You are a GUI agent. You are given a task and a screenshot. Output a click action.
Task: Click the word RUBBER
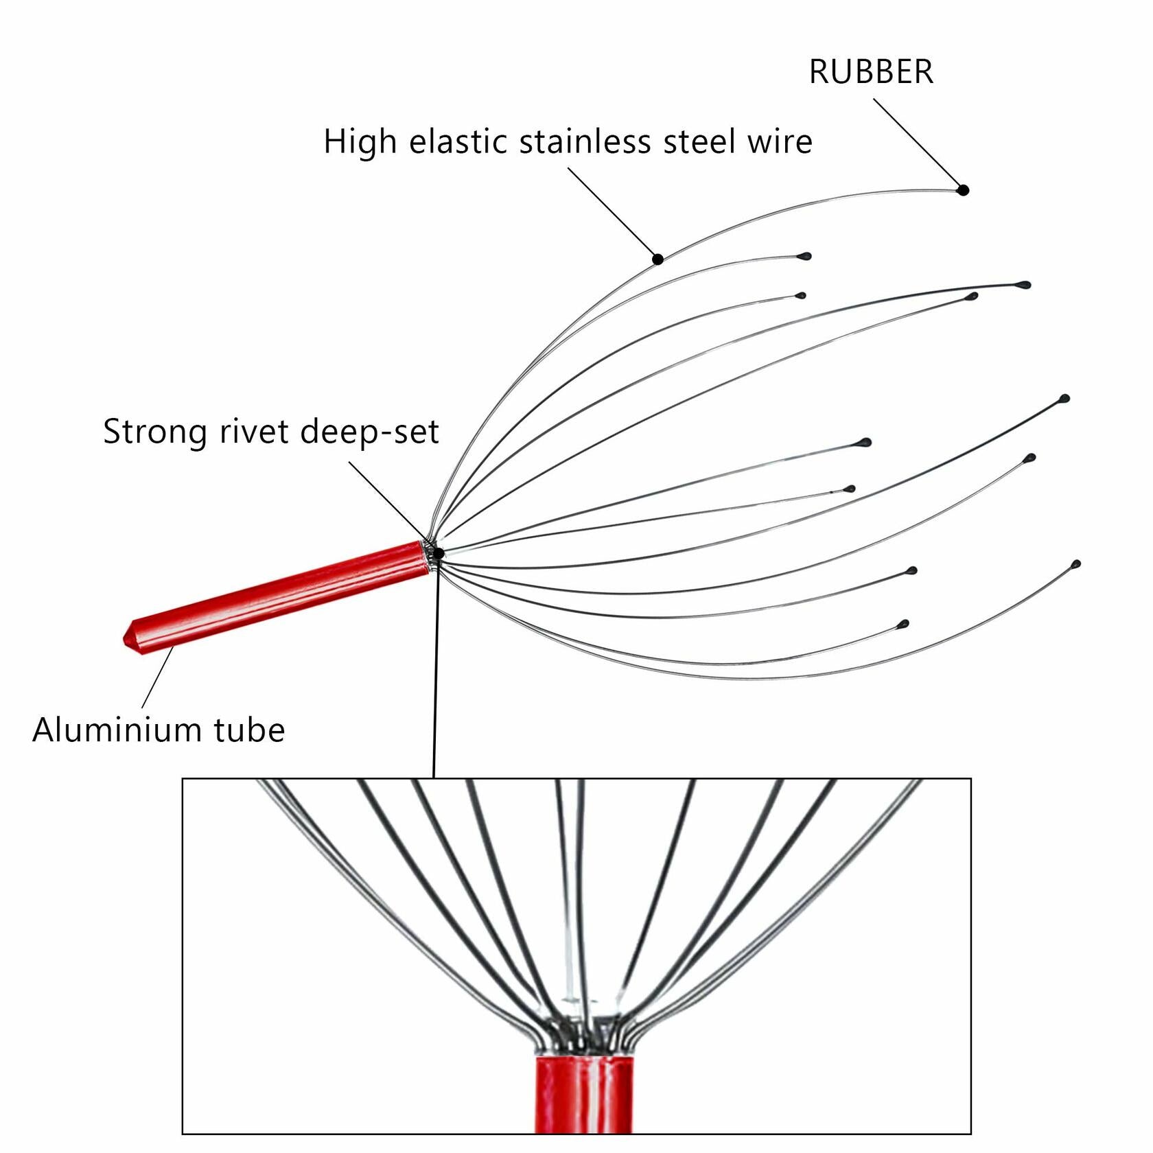pos(871,72)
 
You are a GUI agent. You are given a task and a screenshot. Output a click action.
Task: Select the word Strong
pos(155,432)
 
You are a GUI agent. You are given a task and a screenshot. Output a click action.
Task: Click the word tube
pos(249,730)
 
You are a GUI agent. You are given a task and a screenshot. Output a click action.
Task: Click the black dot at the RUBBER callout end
pos(963,190)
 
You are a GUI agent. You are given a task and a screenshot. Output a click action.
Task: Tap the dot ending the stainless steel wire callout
pos(657,259)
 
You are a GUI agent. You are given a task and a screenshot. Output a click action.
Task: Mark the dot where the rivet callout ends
pos(439,553)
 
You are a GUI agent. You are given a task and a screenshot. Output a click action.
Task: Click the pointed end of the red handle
pos(128,639)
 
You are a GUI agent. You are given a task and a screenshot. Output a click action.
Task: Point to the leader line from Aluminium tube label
pos(158,677)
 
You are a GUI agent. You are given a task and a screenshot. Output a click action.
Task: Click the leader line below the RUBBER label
pos(916,143)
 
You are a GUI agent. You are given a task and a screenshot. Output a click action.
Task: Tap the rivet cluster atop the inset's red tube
pos(583,1036)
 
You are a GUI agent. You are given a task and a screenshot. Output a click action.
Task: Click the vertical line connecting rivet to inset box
pos(436,673)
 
